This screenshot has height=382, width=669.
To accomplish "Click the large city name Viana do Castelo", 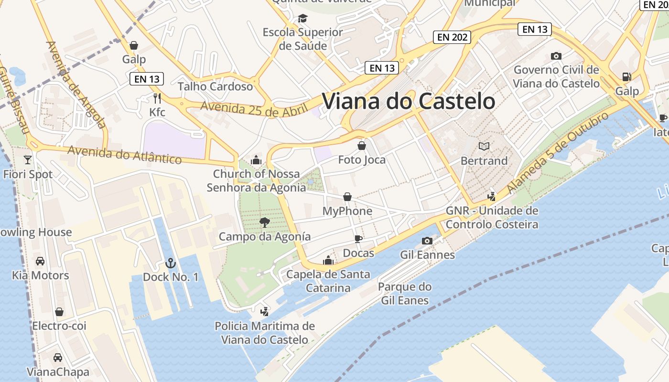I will [409, 101].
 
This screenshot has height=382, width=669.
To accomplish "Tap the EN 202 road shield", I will [452, 37].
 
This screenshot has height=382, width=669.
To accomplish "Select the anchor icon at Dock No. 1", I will [170, 263].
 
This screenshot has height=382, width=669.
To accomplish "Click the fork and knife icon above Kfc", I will [157, 98].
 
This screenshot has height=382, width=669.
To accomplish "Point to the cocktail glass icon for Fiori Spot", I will [28, 160].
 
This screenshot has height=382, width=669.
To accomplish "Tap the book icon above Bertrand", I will [484, 146].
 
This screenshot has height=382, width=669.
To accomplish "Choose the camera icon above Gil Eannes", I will [427, 241].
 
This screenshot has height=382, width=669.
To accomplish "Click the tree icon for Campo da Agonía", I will [264, 222].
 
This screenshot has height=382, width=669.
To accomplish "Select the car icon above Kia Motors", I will [40, 261].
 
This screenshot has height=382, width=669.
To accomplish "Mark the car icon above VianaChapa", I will [58, 357].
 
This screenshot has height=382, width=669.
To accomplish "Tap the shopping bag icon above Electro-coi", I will [59, 312].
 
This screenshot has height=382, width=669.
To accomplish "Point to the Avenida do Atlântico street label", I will [124, 154].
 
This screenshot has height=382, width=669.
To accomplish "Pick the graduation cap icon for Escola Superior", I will [302, 19].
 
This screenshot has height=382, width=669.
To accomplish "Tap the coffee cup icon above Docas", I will [358, 239].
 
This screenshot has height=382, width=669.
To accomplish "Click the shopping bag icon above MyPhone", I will [347, 197].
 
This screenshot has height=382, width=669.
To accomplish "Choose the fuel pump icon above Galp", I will [626, 76].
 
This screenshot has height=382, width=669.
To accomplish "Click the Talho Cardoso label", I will [215, 86].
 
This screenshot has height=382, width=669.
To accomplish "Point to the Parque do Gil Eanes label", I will [405, 294].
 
